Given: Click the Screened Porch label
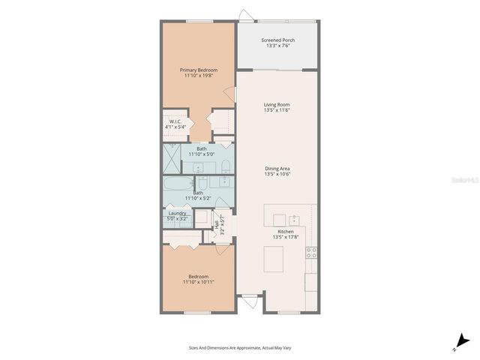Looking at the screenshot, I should pyautogui.click(x=277, y=40).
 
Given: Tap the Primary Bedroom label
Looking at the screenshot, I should pyautogui.click(x=198, y=70).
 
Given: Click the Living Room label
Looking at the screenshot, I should pyautogui.click(x=277, y=104).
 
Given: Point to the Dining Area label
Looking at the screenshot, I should pyautogui.click(x=277, y=168).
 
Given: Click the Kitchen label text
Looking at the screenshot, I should pyautogui.click(x=286, y=232).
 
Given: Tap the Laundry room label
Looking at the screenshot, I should pyautogui.click(x=177, y=213).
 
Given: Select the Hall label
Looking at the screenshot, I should pyautogui.click(x=217, y=224).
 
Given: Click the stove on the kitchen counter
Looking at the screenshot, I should pyautogui.click(x=310, y=253).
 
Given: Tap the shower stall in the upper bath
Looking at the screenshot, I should pyautogui.click(x=171, y=158).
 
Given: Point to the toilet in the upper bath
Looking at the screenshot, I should pyautogui.click(x=224, y=165).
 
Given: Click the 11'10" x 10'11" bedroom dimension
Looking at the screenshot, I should pyautogui.click(x=198, y=283).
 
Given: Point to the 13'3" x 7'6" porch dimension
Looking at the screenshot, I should pyautogui.click(x=277, y=46).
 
